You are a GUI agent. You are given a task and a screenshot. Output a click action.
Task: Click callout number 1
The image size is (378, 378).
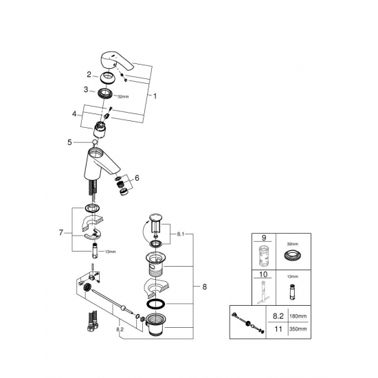point(155,97)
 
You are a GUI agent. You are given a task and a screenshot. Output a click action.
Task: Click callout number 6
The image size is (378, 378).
point(137,178)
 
